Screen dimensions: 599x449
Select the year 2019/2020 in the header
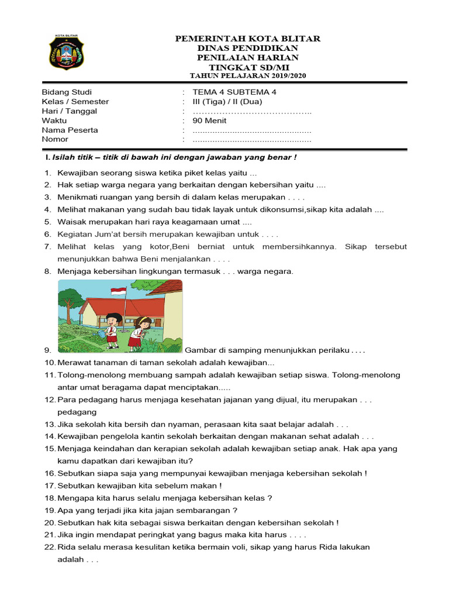[286, 75]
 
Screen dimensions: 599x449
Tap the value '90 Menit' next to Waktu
[209, 121]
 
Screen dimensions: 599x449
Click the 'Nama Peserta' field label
[70, 130]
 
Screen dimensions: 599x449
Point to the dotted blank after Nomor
[252, 140]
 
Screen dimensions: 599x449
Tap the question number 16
[49, 473]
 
